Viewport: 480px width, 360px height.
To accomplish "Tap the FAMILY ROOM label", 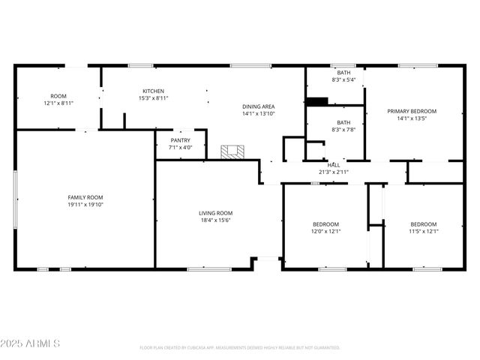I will [x=85, y=196].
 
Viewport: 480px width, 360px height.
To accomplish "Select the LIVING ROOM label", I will [x=214, y=213].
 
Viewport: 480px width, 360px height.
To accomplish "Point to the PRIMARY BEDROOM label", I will [x=411, y=111].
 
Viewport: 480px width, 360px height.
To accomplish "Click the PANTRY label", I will [x=180, y=140].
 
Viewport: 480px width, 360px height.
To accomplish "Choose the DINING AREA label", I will [x=258, y=106].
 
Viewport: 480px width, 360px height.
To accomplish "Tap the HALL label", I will [x=333, y=165].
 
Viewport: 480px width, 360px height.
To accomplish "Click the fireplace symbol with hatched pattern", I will [x=232, y=151].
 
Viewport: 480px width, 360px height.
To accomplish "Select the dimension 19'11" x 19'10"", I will [x=85, y=204].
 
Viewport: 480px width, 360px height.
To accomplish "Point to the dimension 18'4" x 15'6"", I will [x=214, y=220].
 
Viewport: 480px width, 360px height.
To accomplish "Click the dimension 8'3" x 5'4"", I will [x=343, y=79].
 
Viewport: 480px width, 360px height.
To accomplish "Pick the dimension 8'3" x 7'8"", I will [x=343, y=130].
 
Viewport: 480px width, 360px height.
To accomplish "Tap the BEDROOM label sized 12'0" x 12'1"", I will [x=325, y=224].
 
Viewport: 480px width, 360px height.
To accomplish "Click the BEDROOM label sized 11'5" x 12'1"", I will [x=423, y=224].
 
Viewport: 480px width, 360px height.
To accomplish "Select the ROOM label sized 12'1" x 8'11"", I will [x=58, y=96].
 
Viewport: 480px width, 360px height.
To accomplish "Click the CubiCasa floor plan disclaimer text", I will [x=239, y=348].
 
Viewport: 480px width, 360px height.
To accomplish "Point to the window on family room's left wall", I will [x=16, y=199].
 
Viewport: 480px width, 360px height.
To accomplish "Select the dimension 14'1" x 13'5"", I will [x=411, y=118].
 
